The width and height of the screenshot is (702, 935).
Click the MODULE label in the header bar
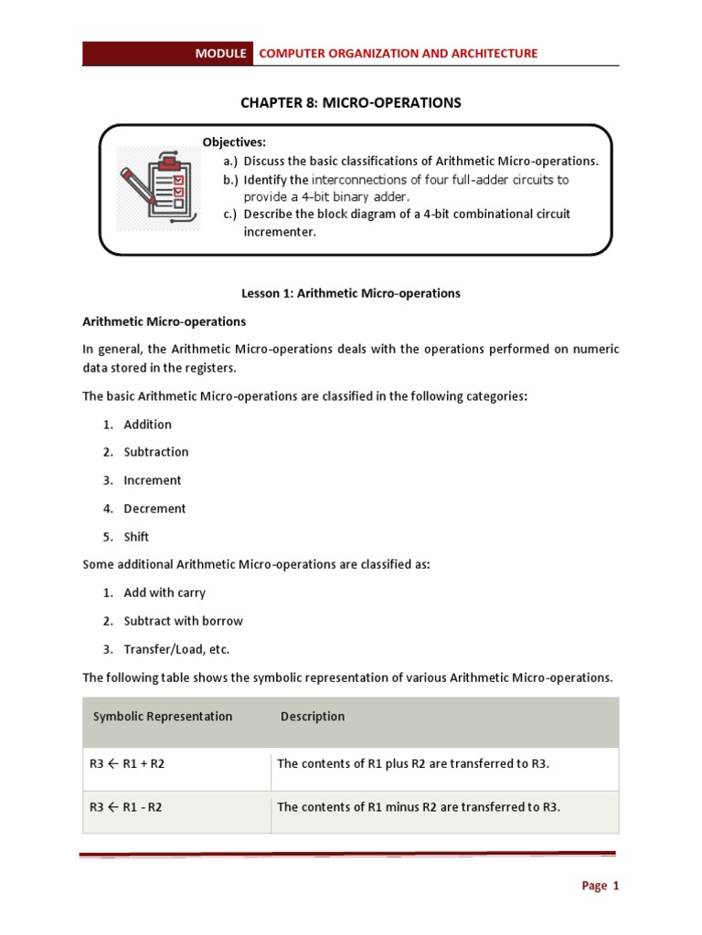(220, 54)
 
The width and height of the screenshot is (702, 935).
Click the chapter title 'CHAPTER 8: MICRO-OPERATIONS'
(351, 102)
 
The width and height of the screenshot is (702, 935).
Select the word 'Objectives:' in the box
(234, 142)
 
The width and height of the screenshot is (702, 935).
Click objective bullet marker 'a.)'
(230, 161)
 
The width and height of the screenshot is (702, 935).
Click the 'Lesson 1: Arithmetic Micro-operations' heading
(351, 293)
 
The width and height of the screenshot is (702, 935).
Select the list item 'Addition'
(147, 425)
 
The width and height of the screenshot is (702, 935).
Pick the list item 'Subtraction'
(156, 452)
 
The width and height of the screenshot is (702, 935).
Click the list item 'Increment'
(153, 480)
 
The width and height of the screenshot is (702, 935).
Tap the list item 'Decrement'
(154, 509)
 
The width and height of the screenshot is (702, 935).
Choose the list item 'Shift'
(136, 537)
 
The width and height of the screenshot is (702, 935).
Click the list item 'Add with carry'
(165, 593)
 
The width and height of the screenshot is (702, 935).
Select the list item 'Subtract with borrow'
(183, 621)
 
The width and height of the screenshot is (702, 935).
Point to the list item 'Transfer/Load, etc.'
(176, 649)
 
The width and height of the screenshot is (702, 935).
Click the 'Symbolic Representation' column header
(163, 717)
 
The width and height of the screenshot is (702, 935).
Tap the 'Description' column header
(313, 717)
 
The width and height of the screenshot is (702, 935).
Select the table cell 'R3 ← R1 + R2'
(127, 763)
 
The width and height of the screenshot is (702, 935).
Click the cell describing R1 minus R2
(418, 807)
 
